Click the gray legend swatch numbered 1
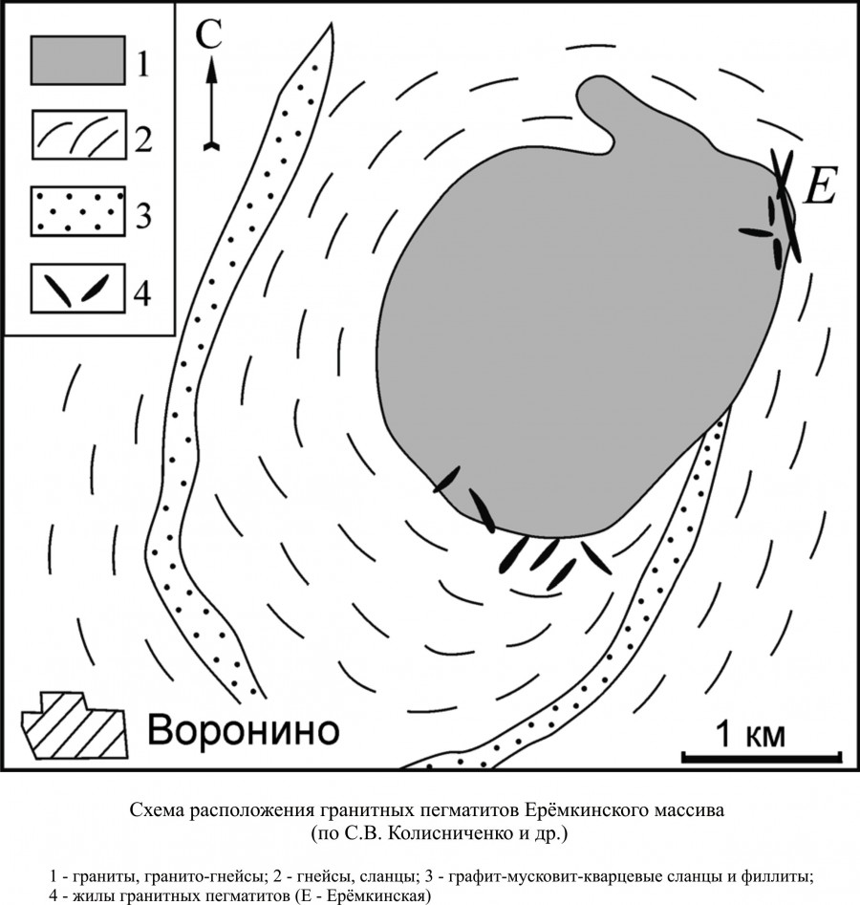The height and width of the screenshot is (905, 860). [78, 60]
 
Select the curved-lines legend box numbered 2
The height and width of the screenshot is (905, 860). [79, 135]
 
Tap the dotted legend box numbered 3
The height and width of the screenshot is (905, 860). [78, 210]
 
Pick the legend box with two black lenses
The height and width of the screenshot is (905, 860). [78, 288]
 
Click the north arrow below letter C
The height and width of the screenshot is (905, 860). [212, 103]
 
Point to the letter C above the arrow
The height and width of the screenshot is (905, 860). [208, 35]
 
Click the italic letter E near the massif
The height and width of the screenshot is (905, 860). [820, 183]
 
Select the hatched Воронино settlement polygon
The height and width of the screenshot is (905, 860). [75, 725]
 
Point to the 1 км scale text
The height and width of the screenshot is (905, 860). [750, 735]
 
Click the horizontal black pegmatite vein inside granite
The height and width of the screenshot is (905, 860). [756, 232]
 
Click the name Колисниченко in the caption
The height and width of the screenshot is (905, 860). [435, 834]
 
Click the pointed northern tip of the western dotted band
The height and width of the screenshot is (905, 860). [332, 23]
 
